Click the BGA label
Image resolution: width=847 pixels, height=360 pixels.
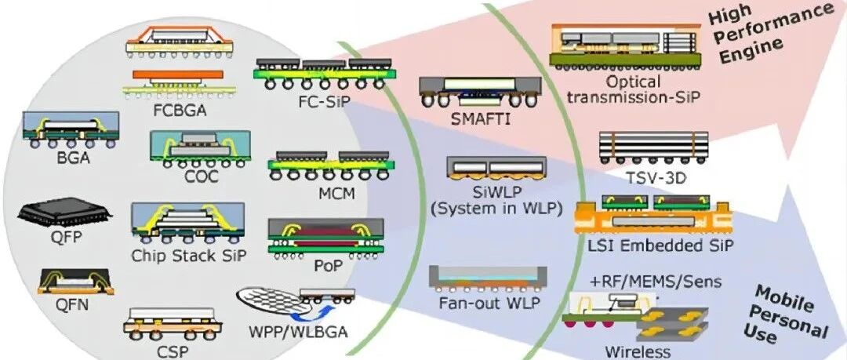73,159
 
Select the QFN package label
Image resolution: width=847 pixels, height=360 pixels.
72,306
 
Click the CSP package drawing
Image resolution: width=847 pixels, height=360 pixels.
173,324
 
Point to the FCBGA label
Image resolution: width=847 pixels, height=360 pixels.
180,111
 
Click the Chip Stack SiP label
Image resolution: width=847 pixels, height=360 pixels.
188,255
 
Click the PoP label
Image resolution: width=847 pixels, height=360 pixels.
329,266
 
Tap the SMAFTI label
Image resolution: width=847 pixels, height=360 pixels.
480,118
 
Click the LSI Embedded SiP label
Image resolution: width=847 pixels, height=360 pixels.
660,245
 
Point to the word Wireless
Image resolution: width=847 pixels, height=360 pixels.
638,352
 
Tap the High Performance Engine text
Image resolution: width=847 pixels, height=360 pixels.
770,32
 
